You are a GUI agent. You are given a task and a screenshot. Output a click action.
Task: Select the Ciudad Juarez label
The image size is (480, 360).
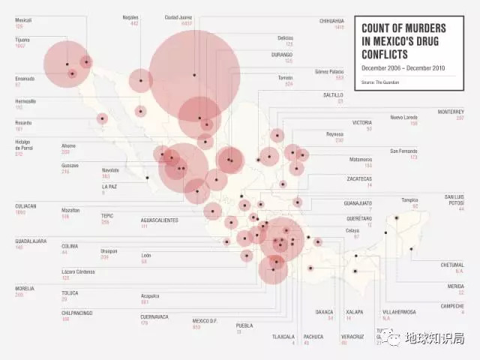click(x=179, y=16)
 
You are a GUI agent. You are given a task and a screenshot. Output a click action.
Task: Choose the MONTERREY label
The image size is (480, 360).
click(x=451, y=112)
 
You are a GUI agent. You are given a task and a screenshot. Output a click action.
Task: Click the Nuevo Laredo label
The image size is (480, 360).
click(x=403, y=117)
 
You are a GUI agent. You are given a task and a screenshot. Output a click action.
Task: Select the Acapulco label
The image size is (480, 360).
click(x=150, y=295)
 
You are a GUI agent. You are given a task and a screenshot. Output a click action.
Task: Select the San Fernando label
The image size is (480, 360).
click(x=403, y=151)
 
